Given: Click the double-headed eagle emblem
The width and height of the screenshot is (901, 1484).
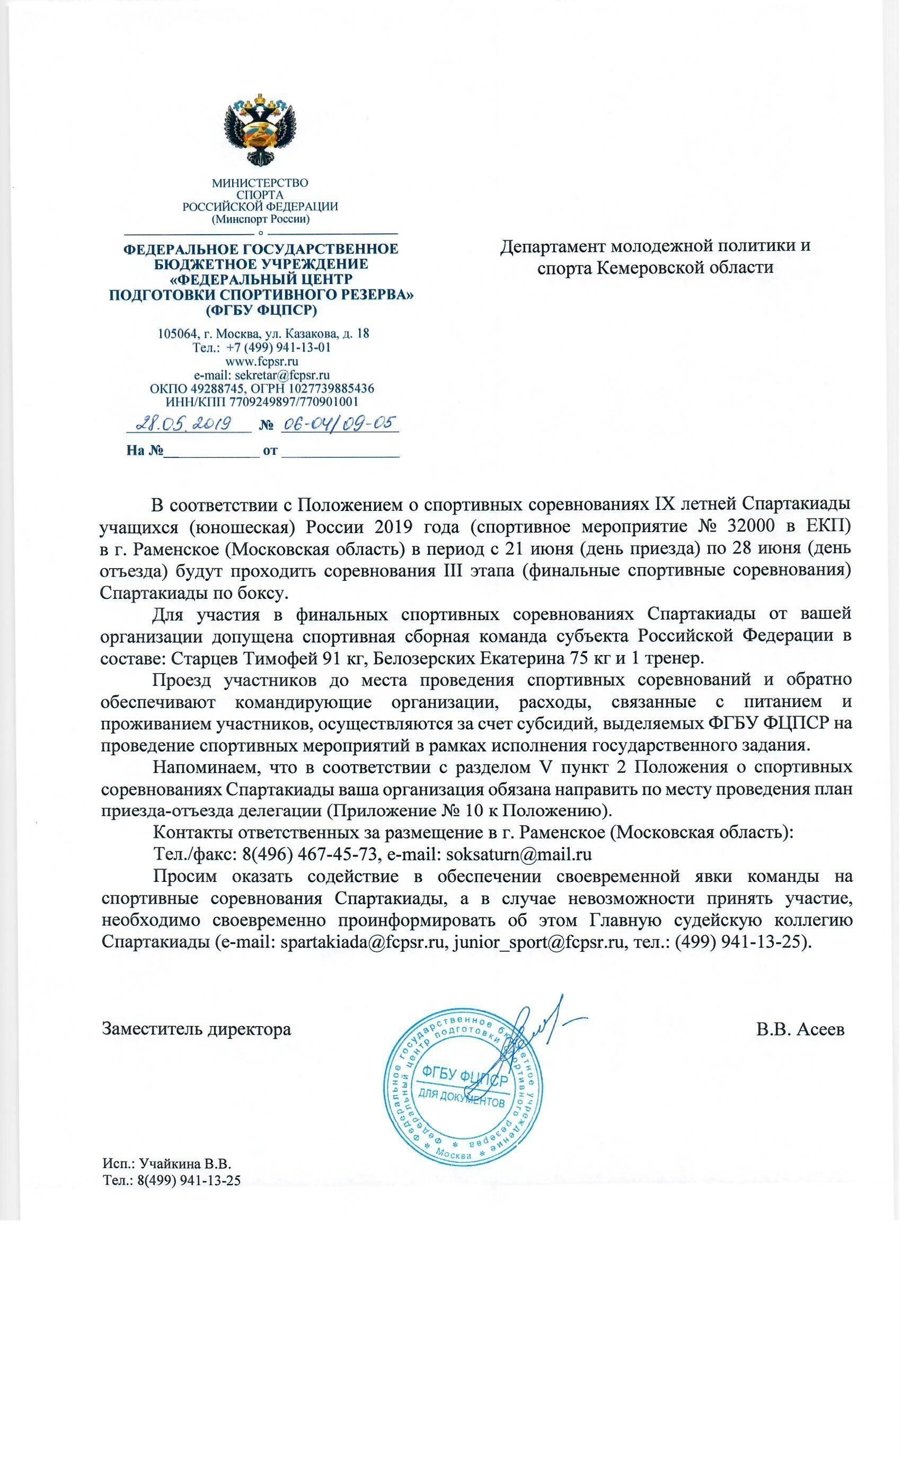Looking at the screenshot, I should coord(260,130).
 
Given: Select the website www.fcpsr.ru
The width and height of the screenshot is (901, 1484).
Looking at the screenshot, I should coord(261,361).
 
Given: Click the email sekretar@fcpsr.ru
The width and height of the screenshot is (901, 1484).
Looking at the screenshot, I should coord(283,375).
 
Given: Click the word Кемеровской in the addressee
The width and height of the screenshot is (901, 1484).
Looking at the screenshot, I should coord(661,268).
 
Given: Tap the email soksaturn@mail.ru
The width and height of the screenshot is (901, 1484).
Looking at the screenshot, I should coord(519,854).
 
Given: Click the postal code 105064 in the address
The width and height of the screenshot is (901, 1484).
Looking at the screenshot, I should coord(175,333).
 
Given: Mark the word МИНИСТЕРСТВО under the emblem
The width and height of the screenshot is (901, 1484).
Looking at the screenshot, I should coord(260,183).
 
